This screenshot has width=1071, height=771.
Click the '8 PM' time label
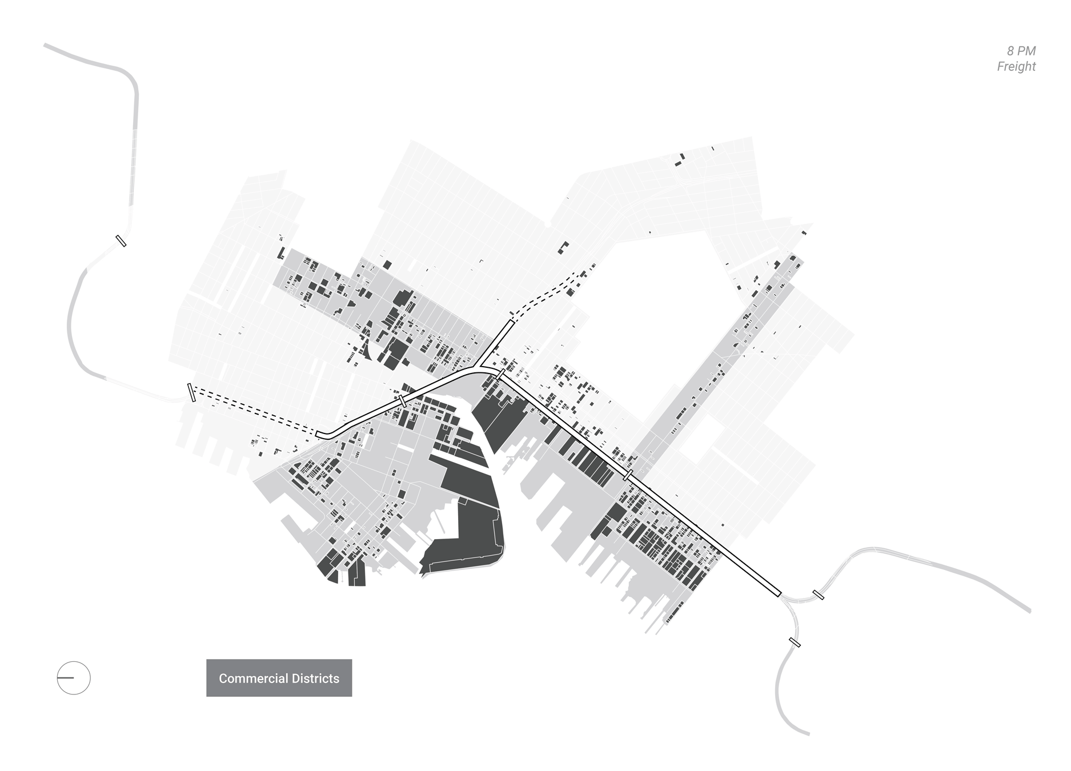pos(1021,51)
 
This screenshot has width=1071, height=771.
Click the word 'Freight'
pos(1016,66)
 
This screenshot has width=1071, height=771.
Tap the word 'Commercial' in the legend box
pos(253,678)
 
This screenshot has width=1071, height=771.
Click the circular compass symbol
pos(74,678)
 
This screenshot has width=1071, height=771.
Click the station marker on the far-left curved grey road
pos(121,240)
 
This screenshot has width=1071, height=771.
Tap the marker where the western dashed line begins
pos(191,392)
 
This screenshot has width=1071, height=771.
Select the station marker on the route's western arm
pos(403,401)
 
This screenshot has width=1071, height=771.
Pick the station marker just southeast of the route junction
pos(500,374)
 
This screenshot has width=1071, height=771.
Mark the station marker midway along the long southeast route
pos(628,475)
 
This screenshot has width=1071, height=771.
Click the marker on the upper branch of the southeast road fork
pos(818,595)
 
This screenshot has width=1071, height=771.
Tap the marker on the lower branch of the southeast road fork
pos(794,642)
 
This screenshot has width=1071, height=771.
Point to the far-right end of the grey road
pos(1029,611)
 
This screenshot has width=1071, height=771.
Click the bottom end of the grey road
pos(808,734)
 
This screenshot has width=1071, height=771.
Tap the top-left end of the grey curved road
pos(46,46)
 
